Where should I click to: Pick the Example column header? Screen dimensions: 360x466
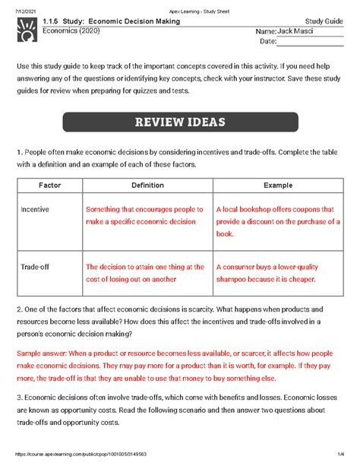pos(277,185)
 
